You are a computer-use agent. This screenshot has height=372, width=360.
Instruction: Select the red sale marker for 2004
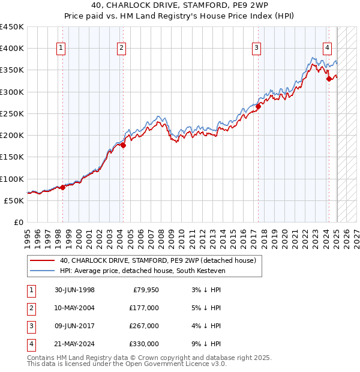click(123, 145)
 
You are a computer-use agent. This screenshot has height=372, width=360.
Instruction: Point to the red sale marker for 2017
click(258, 107)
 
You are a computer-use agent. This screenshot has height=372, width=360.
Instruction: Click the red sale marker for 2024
click(329, 79)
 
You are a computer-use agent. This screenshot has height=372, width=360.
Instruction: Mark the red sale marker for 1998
click(62, 188)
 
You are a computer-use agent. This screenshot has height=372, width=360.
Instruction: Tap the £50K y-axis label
click(14, 200)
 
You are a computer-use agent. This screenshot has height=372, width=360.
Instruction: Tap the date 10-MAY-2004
click(74, 308)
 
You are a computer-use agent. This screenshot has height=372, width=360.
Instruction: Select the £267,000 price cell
click(143, 326)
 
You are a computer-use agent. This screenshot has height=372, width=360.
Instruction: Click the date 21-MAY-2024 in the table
click(74, 344)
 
